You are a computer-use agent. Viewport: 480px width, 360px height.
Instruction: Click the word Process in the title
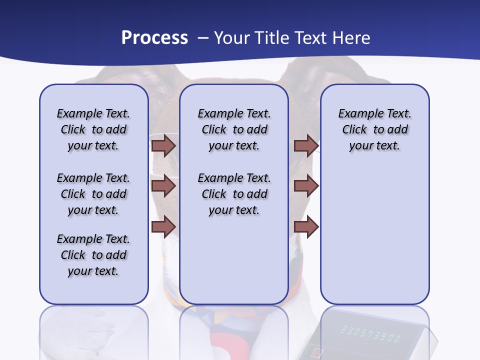[154, 38]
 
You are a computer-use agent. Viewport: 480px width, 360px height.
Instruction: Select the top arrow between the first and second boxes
[163, 146]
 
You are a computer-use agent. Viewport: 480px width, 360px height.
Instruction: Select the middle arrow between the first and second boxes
[163, 186]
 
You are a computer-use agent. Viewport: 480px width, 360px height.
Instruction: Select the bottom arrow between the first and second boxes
[163, 226]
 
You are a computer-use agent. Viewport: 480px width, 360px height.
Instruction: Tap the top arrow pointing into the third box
[306, 146]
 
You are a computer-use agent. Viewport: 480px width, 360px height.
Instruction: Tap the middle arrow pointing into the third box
[306, 186]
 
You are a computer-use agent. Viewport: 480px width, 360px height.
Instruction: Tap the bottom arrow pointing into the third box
[306, 226]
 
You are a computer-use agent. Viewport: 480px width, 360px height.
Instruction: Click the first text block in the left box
[93, 129]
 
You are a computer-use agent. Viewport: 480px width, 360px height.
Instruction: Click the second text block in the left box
[93, 194]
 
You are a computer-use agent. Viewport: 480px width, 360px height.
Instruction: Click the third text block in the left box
[93, 255]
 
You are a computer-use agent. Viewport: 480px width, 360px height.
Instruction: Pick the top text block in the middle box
[234, 129]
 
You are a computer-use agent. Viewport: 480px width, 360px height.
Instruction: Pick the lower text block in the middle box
[234, 194]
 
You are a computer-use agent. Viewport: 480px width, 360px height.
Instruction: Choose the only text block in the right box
[374, 129]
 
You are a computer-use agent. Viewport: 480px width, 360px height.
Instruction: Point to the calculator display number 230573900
[370, 334]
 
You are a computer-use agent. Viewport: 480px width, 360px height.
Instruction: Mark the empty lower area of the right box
[374, 235]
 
